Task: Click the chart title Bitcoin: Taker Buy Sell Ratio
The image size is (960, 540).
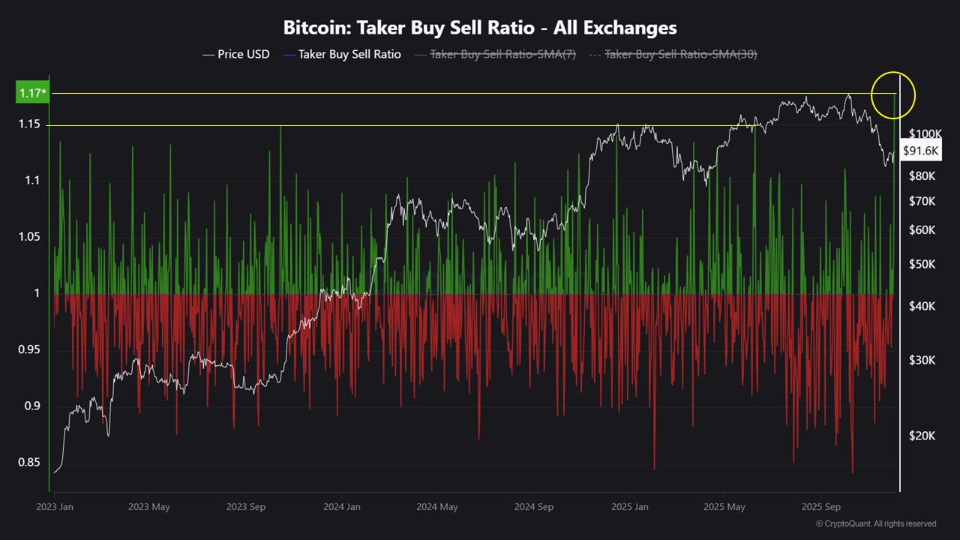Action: click(x=480, y=28)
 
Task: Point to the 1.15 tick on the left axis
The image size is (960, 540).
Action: click(x=29, y=124)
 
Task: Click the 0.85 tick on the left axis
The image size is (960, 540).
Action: click(x=29, y=463)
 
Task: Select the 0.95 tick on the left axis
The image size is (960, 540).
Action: click(x=29, y=349)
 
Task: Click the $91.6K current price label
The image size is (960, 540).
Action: click(x=921, y=151)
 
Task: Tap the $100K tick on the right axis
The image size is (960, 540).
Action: click(x=925, y=133)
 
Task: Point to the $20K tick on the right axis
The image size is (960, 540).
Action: click(x=922, y=436)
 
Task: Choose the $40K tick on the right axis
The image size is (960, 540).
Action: click(x=922, y=306)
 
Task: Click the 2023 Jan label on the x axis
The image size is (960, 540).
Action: click(x=55, y=507)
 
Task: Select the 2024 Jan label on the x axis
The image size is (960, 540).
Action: click(x=341, y=507)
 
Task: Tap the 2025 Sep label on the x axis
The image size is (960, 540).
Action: click(x=820, y=507)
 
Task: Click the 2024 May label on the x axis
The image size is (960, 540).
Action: click(x=437, y=507)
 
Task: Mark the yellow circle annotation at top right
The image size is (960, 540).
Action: click(x=893, y=95)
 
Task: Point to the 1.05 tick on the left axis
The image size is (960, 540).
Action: click(x=29, y=237)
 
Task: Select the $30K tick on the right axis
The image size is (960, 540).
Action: click(x=922, y=360)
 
